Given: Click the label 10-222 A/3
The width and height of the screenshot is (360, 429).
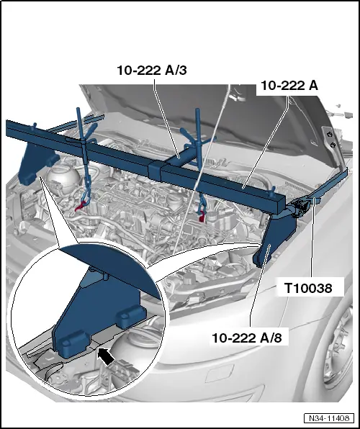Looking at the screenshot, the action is [152, 71].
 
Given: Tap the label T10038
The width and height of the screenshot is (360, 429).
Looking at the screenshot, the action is [308, 288].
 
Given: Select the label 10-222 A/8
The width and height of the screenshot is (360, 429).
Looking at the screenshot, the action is [247, 338].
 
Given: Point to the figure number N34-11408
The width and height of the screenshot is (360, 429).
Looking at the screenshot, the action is [329, 418].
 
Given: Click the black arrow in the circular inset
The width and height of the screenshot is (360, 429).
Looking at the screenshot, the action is [105, 356].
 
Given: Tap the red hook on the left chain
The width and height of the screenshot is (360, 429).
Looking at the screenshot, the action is [80, 206].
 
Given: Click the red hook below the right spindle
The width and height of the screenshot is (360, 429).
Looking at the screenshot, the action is [202, 216].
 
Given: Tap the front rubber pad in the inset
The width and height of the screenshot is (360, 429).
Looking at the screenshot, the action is [73, 344].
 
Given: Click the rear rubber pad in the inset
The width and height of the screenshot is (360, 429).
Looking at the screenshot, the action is [131, 316].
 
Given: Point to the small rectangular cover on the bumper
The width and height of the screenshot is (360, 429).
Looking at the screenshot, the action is [220, 374].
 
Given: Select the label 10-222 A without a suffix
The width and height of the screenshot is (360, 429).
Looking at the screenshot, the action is [289, 86].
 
